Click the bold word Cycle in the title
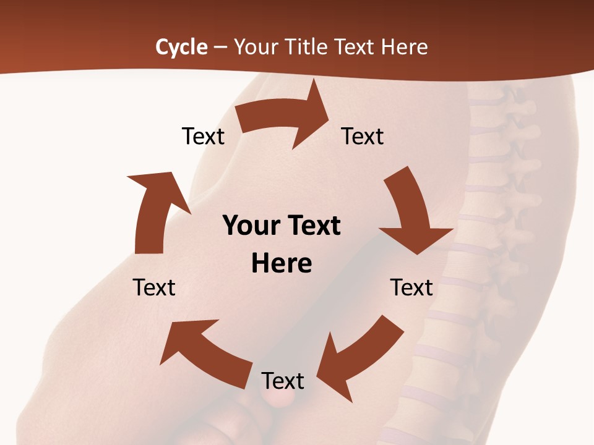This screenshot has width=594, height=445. point(181,47)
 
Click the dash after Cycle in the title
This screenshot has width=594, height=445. point(220,47)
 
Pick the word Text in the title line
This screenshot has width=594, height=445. point(355,47)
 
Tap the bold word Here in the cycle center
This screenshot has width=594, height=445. point(282,264)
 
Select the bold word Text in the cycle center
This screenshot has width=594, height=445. point(312,226)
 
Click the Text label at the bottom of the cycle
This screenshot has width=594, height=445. point(283,381)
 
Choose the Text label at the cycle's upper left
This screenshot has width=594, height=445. point(203,137)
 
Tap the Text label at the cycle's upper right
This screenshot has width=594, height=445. point(363,137)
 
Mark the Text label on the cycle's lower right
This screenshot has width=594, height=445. point(411,287)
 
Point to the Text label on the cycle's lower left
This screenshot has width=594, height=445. point(154,287)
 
